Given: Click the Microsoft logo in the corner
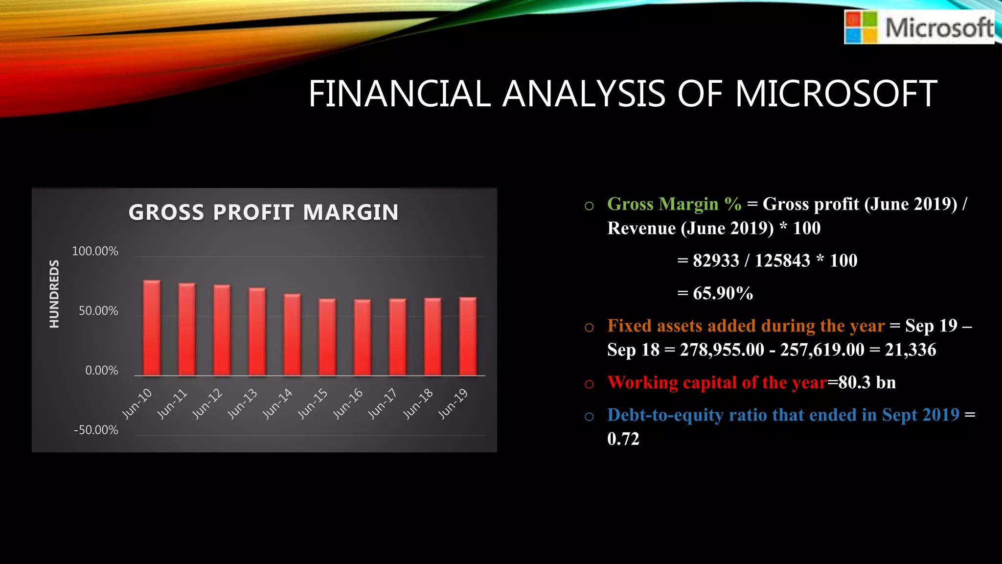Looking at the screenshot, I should point(919,27).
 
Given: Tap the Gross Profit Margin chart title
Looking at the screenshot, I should point(263,212).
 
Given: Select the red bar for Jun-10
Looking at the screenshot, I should point(152,328).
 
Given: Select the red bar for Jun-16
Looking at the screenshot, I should point(363,338).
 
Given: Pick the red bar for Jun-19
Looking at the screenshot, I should point(468,336).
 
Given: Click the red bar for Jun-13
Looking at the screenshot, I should point(257,332).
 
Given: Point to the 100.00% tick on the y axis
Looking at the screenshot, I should point(95,251).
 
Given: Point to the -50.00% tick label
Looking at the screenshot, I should point(96,430).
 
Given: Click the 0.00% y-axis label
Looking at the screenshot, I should point(101,371).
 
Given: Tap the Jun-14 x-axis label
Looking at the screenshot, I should point(278,403).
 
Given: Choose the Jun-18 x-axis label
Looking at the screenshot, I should point(418,403).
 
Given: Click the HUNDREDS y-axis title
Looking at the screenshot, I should point(54,294).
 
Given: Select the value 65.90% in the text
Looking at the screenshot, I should point(723,293).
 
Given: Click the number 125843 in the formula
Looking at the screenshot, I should point(782,260).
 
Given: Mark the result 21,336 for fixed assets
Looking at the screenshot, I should point(910,350).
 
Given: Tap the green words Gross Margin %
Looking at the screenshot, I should point(674,204).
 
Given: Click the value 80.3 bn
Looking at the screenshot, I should point(867,382).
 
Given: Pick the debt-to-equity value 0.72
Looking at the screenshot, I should point(623,439).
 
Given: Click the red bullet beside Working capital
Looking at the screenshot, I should point(589,384).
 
